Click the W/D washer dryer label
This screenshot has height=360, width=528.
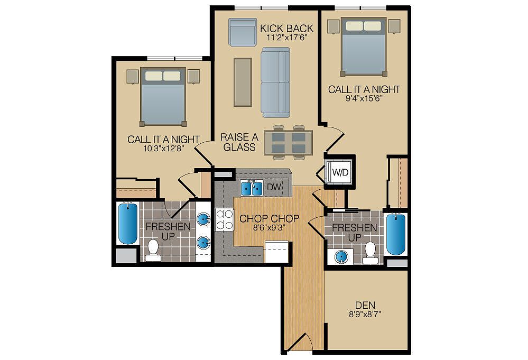(340, 172)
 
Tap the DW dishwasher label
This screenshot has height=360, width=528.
(273, 187)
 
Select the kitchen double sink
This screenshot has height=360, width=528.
(252, 188)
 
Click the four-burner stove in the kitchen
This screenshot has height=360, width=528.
(224, 220)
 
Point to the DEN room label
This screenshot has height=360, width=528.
(365, 305)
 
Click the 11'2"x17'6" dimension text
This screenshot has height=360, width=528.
(287, 38)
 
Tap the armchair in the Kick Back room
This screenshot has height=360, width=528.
(242, 32)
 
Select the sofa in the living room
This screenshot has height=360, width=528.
(275, 82)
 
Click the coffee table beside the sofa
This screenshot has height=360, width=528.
(243, 82)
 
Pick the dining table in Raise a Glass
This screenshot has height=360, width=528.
(289, 142)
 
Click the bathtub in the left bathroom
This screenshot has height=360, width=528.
(127, 223)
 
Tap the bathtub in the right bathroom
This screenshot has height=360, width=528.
(396, 234)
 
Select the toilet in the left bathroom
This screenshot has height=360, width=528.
(153, 251)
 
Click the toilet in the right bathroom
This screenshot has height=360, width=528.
(370, 253)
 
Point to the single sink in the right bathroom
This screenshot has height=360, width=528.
(341, 257)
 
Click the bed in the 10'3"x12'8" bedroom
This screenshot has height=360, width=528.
(163, 97)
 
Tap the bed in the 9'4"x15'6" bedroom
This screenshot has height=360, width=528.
(364, 47)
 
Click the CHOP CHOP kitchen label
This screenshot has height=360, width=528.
(270, 218)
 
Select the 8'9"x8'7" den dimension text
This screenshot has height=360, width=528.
(365, 315)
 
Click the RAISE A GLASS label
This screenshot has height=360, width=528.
(239, 142)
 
